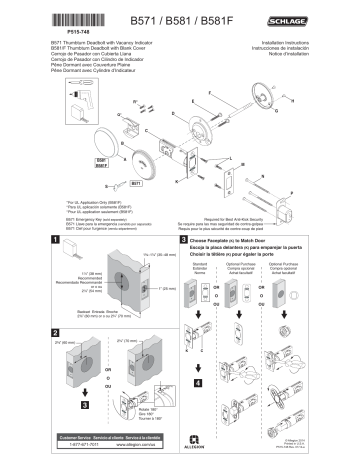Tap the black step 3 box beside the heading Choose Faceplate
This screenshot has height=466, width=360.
point(184,239)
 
